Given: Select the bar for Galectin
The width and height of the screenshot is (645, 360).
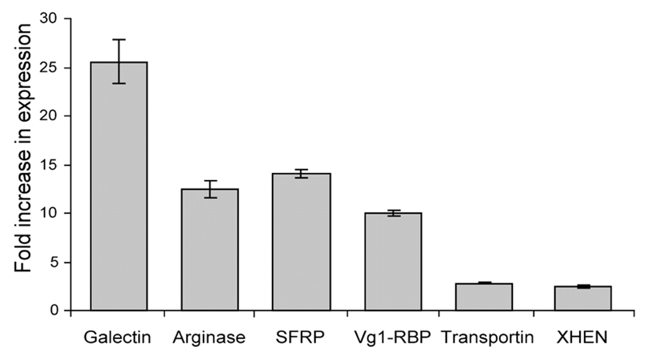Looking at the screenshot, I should pyautogui.click(x=119, y=186).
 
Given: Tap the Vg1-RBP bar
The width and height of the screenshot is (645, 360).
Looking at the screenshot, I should pyautogui.click(x=393, y=262).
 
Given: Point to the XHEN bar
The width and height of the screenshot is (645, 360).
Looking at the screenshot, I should pyautogui.click(x=583, y=298).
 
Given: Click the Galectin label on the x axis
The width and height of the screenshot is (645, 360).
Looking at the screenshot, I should pyautogui.click(x=118, y=337).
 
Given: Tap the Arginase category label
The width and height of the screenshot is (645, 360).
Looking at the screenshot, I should pyautogui.click(x=209, y=337).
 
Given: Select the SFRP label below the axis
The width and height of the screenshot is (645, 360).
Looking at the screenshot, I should pyautogui.click(x=300, y=337).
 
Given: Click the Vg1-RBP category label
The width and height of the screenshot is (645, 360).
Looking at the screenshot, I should pyautogui.click(x=392, y=337).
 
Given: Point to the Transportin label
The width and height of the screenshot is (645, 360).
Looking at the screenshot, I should pyautogui.click(x=487, y=337).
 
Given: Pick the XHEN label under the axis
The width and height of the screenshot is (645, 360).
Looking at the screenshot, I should pyautogui.click(x=582, y=337).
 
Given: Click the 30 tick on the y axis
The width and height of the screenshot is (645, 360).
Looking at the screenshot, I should pyautogui.click(x=49, y=19).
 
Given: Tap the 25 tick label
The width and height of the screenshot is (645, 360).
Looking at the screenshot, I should pyautogui.click(x=49, y=68).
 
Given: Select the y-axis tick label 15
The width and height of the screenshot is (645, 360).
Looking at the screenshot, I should pyautogui.click(x=49, y=165).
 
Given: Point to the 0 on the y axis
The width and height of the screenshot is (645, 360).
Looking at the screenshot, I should pyautogui.click(x=54, y=310).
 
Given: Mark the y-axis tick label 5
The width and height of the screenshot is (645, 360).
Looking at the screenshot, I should pyautogui.click(x=54, y=262).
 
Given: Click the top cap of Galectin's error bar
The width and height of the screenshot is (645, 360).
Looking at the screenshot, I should pyautogui.click(x=119, y=39).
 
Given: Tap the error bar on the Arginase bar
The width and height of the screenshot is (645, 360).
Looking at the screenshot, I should pyautogui.click(x=211, y=189).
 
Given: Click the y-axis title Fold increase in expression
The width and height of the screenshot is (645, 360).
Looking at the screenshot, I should pyautogui.click(x=23, y=148).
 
